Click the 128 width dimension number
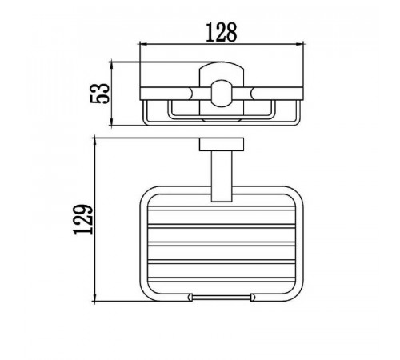[x=222, y=33]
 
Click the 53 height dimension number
[x=100, y=94]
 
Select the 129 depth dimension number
[x=83, y=220]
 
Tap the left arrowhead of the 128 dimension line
[x=143, y=44]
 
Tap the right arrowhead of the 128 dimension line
[x=300, y=44]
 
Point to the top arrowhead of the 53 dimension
[x=112, y=65]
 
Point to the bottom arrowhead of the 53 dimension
[x=112, y=122]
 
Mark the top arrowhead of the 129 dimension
[x=94, y=142]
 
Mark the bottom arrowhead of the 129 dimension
[x=94, y=298]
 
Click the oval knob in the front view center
[x=222, y=94]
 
